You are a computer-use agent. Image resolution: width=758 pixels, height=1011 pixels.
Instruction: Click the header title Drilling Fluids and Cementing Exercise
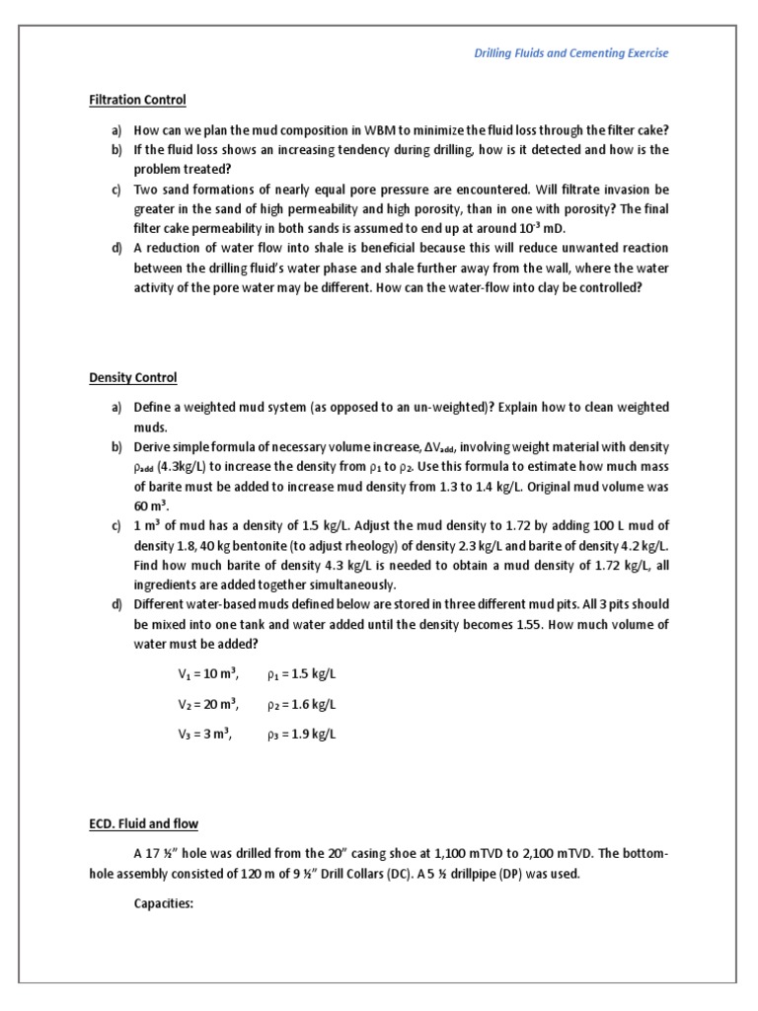point(570,52)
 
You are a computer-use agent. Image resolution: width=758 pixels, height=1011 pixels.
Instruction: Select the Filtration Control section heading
point(137,100)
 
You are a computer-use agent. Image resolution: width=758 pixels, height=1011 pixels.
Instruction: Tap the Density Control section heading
point(133,377)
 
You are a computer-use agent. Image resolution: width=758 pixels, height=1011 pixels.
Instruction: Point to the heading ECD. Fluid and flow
point(144,823)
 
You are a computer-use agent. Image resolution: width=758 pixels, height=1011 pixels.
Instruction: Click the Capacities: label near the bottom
point(164,902)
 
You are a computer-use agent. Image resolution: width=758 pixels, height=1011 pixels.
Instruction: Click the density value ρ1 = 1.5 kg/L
point(302,674)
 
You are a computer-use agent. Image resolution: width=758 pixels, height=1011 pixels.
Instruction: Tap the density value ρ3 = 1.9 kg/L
point(302,734)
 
